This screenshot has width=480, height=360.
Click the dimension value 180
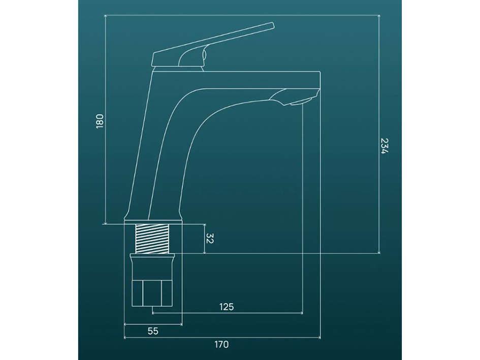pos(100,121)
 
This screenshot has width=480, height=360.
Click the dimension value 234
pos(384,146)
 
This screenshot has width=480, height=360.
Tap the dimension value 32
pos(210,238)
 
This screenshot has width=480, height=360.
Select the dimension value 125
pos(227,306)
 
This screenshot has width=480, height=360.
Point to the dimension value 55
pos(153,331)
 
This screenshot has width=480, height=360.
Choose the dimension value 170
pos(221,344)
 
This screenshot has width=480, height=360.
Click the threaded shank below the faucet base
pos(152,239)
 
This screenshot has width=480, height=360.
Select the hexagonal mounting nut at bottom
pos(152,292)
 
